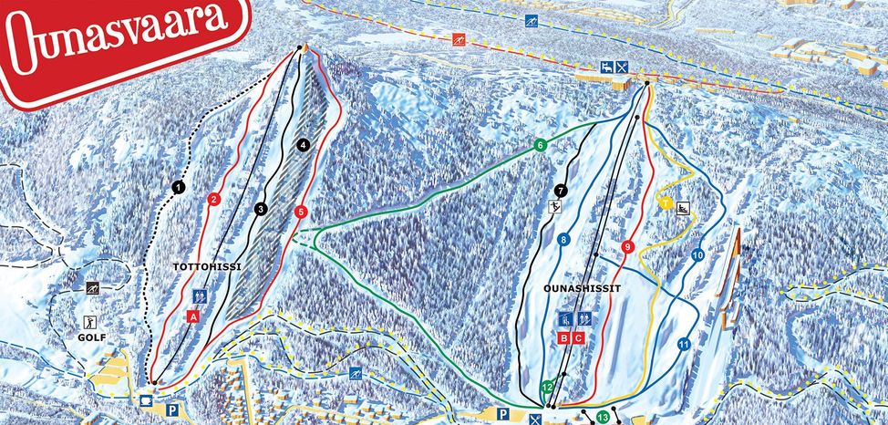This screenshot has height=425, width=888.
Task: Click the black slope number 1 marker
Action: [179, 187]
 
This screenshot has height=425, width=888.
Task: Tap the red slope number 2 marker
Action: [214, 200]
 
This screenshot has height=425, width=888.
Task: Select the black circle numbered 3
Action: [261, 210]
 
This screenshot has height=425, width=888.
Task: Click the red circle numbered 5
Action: [302, 212]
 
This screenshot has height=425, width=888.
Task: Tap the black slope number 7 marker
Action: [560, 191]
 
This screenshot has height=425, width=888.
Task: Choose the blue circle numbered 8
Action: [563, 240]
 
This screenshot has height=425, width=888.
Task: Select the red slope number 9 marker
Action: [628, 246]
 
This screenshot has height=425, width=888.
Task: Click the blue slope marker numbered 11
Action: [683, 344]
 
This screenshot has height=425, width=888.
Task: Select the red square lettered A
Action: [192, 316]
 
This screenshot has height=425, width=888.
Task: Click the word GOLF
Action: [92, 337]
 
